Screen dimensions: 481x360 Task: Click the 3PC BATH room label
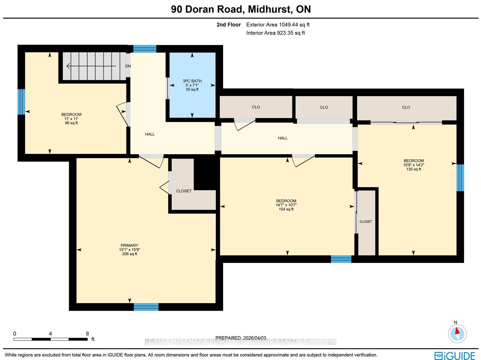pos(192,81)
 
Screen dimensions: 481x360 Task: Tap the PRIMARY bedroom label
pos(129,246)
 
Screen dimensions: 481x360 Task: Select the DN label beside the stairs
pos(128,66)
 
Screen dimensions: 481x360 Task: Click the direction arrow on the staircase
pos(91,66)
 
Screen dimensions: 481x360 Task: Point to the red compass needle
pos(457,331)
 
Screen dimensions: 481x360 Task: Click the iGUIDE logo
pos(455,355)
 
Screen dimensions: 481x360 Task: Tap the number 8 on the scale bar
pos(87,334)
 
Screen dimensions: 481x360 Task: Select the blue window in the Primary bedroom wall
pos(146,307)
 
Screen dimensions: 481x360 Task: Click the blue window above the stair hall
pos(145,49)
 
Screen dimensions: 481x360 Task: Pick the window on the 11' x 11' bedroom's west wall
pos(21,102)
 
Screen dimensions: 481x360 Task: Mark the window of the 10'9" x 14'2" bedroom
pos(460,178)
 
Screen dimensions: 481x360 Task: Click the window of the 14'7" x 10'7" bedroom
pos(341,259)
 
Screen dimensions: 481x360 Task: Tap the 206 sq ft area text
pos(130,254)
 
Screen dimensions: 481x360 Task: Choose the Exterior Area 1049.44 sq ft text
pos(278,25)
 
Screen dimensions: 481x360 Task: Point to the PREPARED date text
pos(241,338)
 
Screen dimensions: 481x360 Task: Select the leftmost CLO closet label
pos(256,107)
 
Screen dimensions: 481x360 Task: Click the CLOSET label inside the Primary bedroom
pos(184,191)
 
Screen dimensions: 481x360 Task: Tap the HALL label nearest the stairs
pos(150,134)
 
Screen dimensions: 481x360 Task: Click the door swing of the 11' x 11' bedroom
pos(122,114)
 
